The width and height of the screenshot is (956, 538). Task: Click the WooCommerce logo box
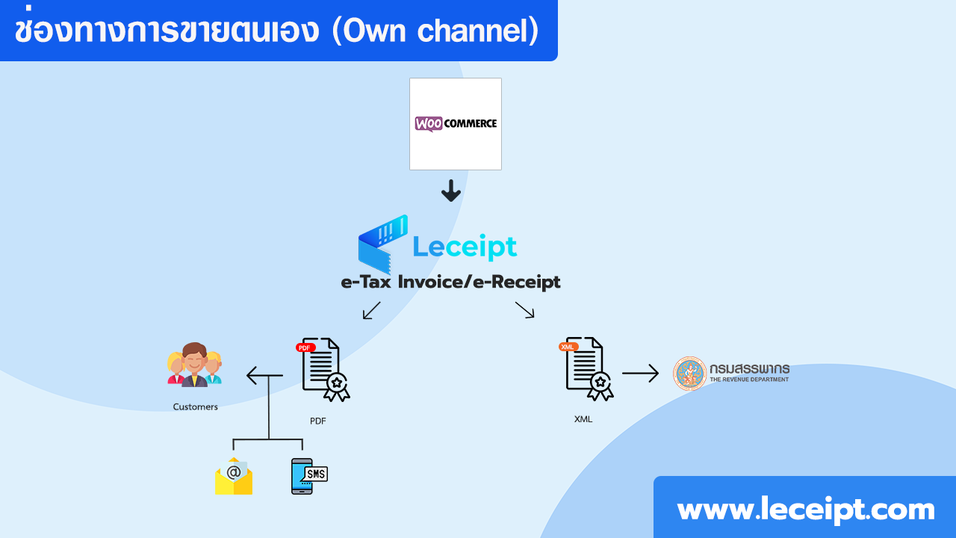point(455,124)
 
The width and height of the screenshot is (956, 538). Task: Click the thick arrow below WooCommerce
point(450,191)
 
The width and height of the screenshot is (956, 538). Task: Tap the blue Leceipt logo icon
point(382,244)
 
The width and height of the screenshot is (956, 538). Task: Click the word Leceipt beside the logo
point(465,246)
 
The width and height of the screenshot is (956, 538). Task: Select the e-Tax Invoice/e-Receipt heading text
point(450,282)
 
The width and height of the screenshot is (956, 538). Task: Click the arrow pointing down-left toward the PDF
point(371,310)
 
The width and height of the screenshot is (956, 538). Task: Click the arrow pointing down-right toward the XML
point(525,310)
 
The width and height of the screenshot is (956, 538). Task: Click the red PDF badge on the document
point(305,347)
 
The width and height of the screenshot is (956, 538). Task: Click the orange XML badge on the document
point(568,347)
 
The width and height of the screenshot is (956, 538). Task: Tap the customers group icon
point(194,365)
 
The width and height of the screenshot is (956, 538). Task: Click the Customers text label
point(195,407)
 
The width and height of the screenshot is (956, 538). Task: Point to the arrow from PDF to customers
point(264,375)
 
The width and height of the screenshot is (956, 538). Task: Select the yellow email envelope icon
point(234,476)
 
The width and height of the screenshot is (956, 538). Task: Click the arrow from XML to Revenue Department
point(640,373)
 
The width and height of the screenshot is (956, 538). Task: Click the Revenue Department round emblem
point(689,373)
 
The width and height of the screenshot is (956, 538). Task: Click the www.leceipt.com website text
point(805,510)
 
